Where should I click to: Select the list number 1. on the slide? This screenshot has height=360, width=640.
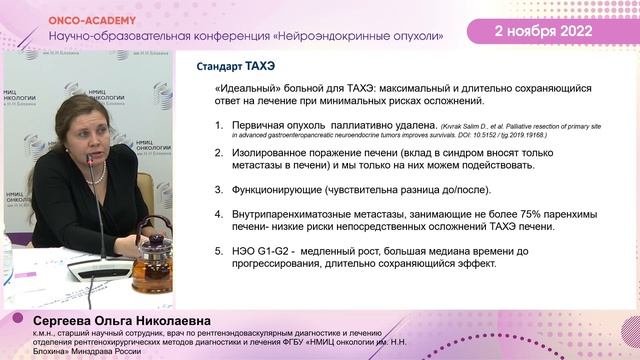click(221, 126)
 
